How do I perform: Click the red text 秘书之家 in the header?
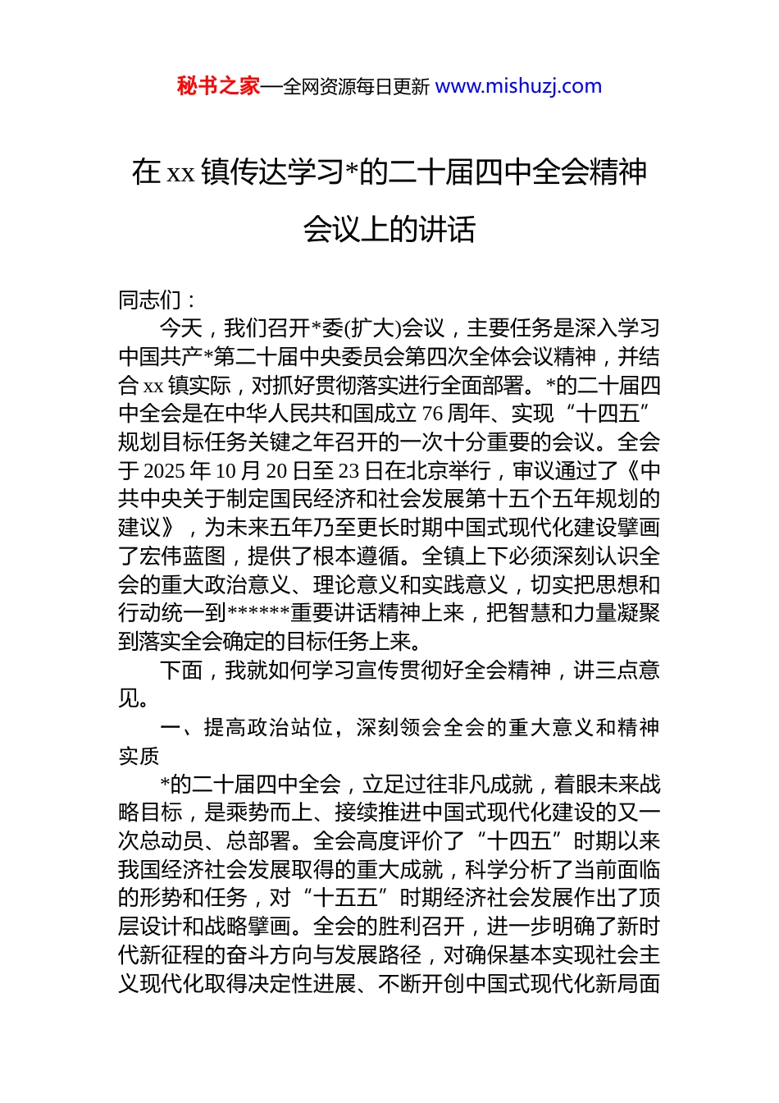pyautogui.click(x=218, y=86)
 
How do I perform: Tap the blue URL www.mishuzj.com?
pyautogui.click(x=518, y=86)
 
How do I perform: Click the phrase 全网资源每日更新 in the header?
pyautogui.click(x=356, y=86)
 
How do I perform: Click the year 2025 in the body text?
pyautogui.click(x=163, y=471)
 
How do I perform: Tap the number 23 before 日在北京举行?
pyautogui.click(x=348, y=471)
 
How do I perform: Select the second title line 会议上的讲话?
pyautogui.click(x=389, y=229)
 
